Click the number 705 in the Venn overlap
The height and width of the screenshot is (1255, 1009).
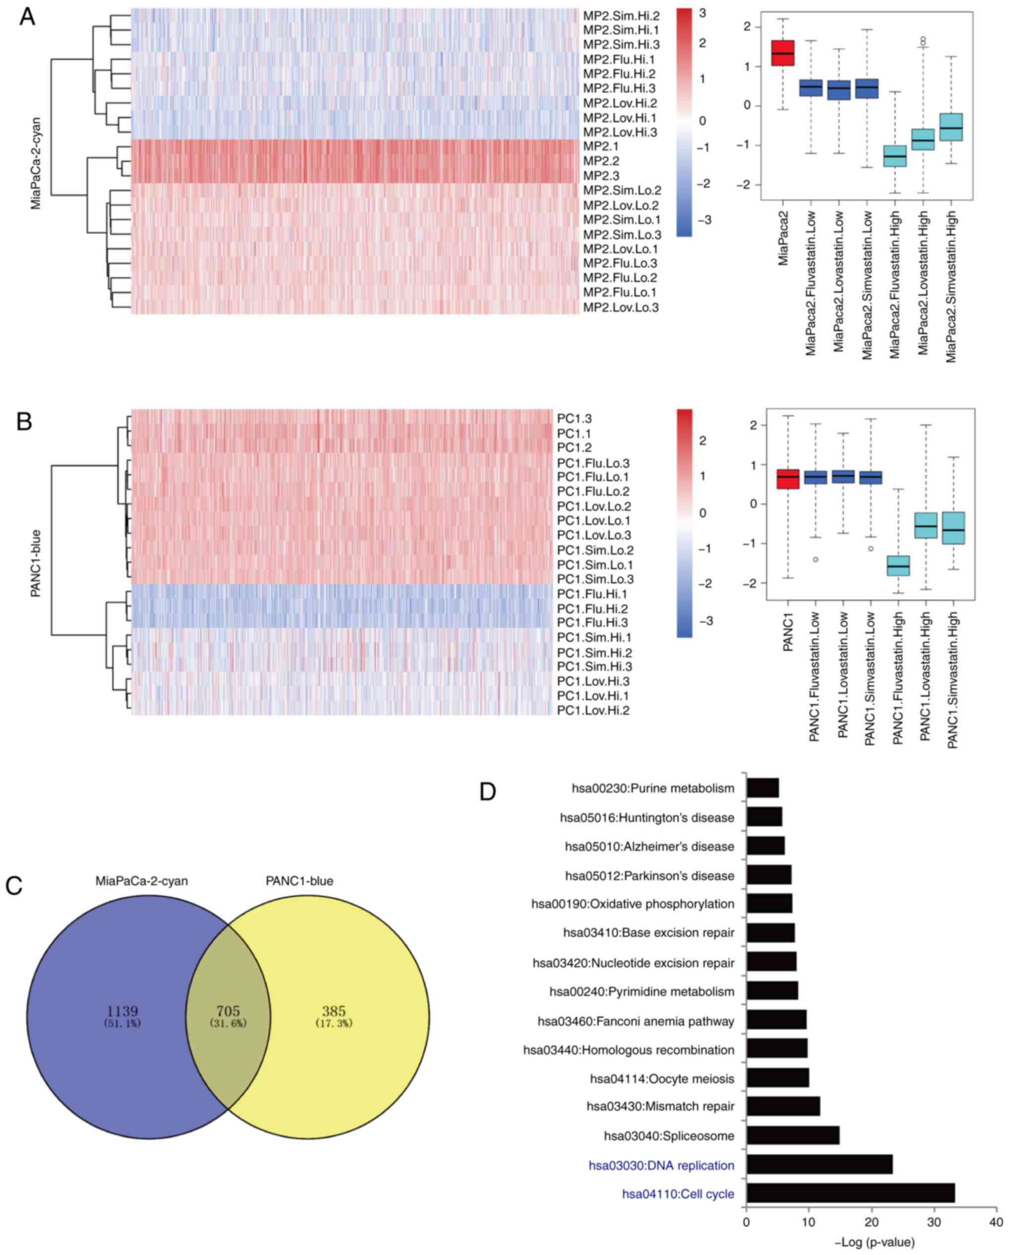[228, 1011]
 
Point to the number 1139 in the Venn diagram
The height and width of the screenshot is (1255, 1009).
[122, 1011]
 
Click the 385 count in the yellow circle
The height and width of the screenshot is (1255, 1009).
[334, 1011]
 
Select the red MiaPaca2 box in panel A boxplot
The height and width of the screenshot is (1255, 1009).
[783, 53]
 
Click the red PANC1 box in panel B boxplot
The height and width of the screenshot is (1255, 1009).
[789, 479]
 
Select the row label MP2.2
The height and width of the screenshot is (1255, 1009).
[601, 161]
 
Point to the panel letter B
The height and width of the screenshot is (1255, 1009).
[24, 421]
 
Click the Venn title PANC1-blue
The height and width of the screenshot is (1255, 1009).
[299, 881]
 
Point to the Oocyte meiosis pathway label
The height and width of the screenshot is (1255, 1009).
[662, 1079]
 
